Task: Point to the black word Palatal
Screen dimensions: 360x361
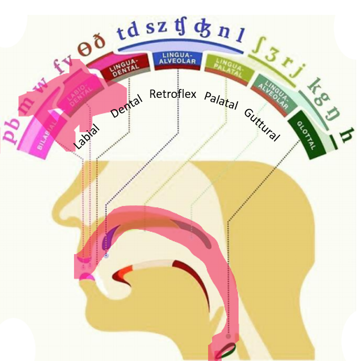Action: [x=221, y=101]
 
